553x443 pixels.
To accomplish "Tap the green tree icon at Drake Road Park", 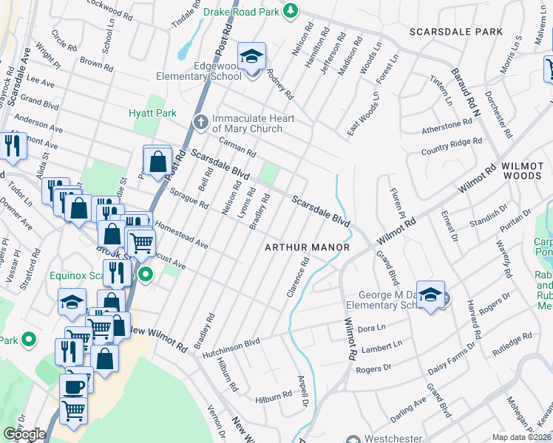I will [292, 10].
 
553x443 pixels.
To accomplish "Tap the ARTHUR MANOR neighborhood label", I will [307, 247].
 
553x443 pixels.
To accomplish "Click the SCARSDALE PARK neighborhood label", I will [456, 32].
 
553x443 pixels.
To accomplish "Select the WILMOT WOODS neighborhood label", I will [527, 171].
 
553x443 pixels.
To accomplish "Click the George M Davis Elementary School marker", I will [430, 295].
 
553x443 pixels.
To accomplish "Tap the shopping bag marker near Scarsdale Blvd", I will [157, 162].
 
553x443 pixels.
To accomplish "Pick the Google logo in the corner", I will [24, 434].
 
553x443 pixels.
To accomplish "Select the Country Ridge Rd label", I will [451, 145].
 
